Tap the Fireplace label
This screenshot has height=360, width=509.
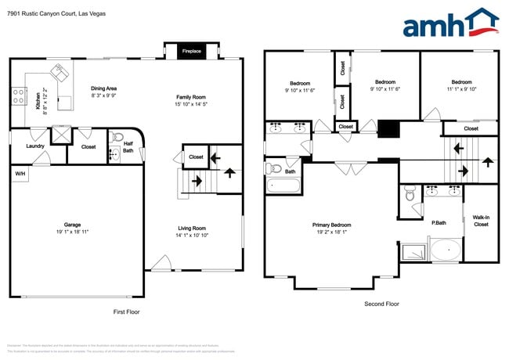192,52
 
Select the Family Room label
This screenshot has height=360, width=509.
190,97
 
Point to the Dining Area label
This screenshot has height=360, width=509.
104,88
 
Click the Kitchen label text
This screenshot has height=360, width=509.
38,99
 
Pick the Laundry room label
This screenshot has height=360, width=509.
34,146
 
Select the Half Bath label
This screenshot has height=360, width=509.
128,146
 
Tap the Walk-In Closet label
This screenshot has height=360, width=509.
481,221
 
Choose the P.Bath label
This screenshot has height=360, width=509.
439,223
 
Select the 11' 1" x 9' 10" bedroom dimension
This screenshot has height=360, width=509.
461,88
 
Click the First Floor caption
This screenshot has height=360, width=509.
127,311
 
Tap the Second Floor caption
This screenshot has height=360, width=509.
381,304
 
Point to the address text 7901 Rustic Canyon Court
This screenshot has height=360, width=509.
56,14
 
